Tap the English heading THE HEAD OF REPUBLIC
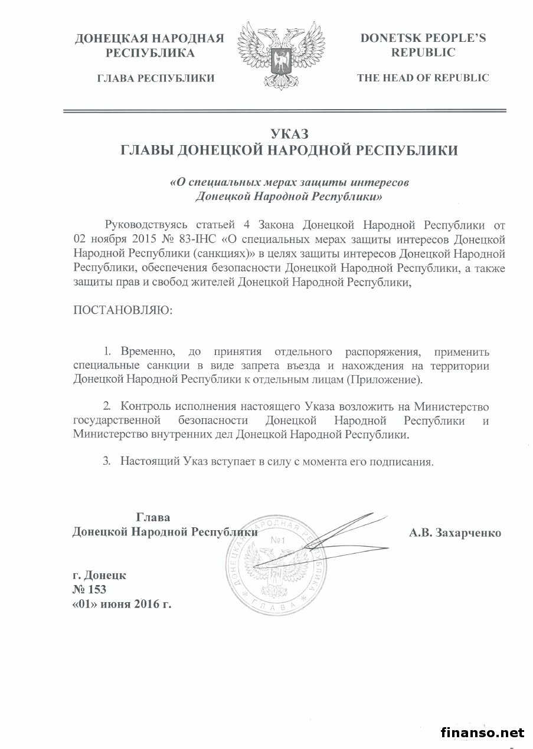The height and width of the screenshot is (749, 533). click(423, 78)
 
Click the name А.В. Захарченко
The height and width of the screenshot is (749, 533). click(454, 533)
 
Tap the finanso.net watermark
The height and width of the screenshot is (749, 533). click(482, 732)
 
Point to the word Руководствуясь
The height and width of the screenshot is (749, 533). click(146, 225)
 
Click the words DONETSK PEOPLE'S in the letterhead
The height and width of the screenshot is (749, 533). click(423, 38)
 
